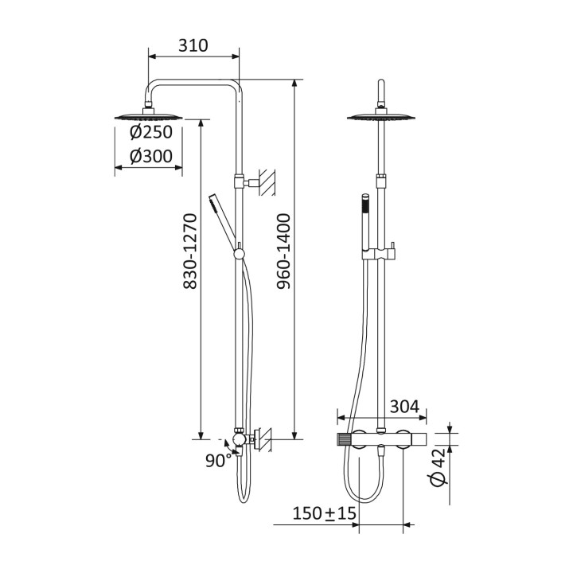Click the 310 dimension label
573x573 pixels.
coord(193,45)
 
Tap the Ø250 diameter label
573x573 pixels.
coord(151,132)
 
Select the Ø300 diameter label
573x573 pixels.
coord(151,156)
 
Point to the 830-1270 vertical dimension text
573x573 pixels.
coord(190,251)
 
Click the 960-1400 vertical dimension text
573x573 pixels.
coord(283,251)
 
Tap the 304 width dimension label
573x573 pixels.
coord(404,406)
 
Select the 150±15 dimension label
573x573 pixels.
coord(324,513)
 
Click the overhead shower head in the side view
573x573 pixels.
coord(148,115)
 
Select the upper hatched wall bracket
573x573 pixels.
coord(267,181)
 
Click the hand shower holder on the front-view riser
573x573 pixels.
coord(380,253)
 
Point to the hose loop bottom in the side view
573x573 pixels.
coord(244,499)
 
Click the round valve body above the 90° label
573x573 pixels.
coord(239,439)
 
